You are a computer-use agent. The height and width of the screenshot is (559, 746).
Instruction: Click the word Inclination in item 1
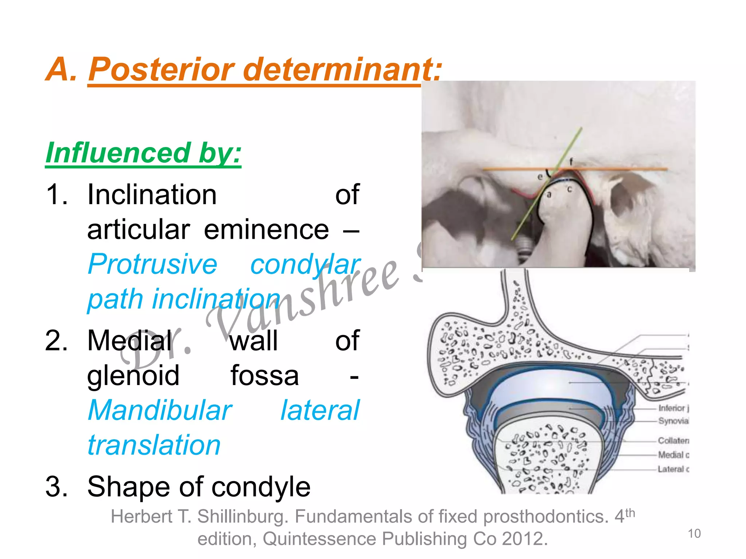pos(152,195)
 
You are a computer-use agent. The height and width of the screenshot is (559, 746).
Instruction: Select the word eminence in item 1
pos(266,230)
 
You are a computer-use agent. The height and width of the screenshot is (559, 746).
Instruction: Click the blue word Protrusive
pos(153,265)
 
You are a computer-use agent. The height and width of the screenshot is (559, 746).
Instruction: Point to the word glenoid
pos(133,376)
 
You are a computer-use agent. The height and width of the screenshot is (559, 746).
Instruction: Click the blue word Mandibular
pos(160,411)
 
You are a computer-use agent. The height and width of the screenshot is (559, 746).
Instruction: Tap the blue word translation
pos(154,445)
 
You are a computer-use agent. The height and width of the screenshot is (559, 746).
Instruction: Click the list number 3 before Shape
pos(56,487)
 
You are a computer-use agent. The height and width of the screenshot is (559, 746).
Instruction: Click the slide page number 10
pos(694,534)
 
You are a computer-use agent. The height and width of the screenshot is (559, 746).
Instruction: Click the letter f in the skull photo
pos(571,162)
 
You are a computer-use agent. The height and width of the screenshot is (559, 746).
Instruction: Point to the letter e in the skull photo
pos(540,177)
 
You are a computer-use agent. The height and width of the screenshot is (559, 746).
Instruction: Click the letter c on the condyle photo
pos(569,190)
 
